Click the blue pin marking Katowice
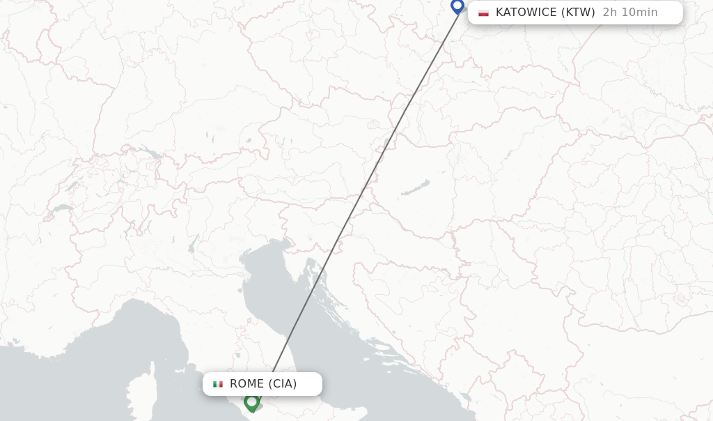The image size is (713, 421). pyautogui.click(x=457, y=6)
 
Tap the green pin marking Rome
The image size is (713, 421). pyautogui.click(x=251, y=401)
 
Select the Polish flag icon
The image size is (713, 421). pyautogui.click(x=483, y=13)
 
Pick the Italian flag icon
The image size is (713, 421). pyautogui.click(x=218, y=384)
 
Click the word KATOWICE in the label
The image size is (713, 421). pyautogui.click(x=526, y=13)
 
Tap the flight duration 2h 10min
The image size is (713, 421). pyautogui.click(x=630, y=13)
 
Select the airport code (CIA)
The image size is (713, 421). pyautogui.click(x=283, y=384)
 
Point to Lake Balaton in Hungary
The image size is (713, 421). pyautogui.click(x=416, y=187)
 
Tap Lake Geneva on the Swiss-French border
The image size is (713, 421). pyautogui.click(x=62, y=208)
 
